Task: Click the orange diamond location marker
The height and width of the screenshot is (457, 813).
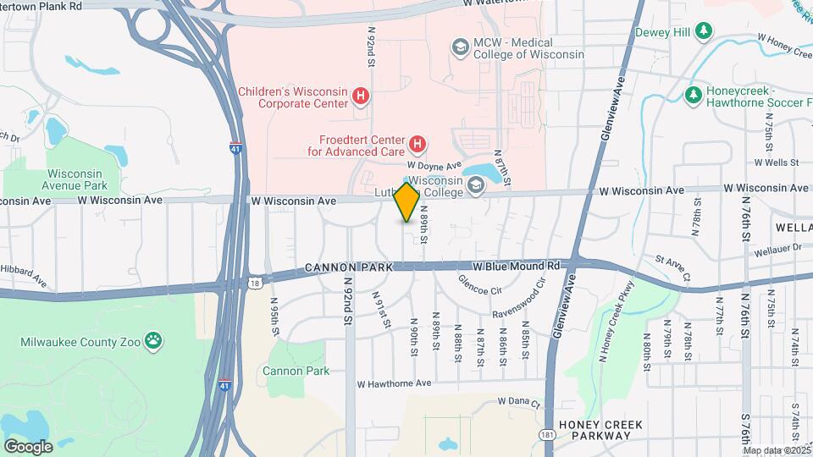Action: [407, 202]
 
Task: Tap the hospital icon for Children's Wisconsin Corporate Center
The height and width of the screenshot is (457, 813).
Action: [362, 96]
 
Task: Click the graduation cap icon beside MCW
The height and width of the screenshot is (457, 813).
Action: [460, 47]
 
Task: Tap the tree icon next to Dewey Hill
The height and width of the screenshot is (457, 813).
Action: [703, 32]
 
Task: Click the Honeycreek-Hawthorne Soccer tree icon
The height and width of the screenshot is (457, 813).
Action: [693, 93]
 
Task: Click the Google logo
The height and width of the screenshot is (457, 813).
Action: [28, 446]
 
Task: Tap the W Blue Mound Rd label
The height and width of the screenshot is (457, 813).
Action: [517, 266]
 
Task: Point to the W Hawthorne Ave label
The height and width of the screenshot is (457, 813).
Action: [394, 383]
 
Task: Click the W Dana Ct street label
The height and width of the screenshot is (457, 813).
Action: [518, 402]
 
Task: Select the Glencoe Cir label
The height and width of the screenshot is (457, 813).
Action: [480, 284]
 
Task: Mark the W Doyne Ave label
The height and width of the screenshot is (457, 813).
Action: [434, 166]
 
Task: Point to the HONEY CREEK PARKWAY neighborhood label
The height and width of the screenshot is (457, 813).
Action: [600, 430]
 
